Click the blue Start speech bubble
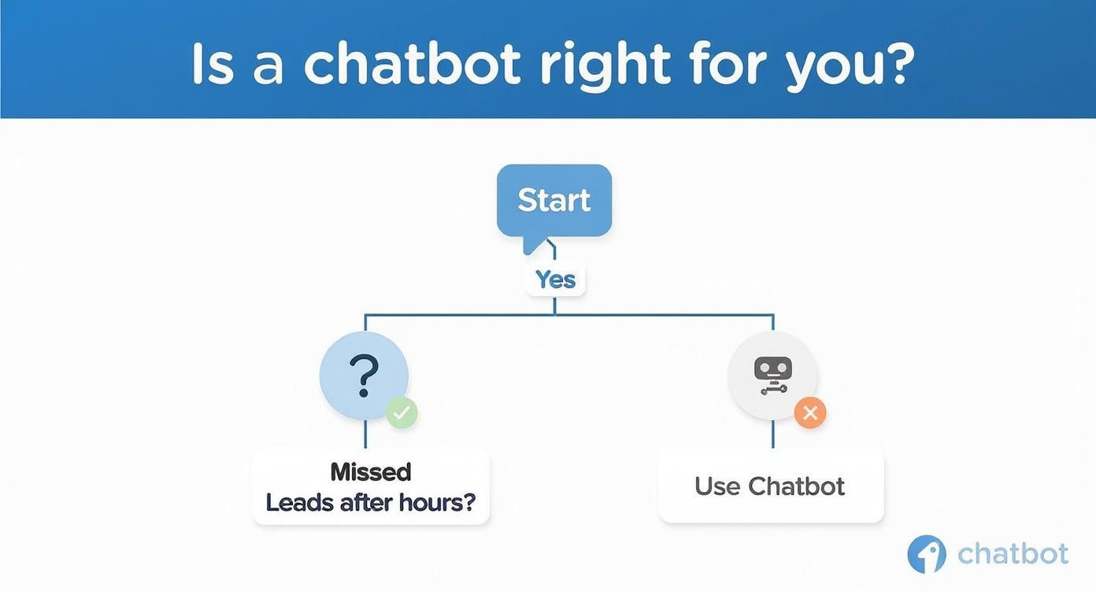[554, 201]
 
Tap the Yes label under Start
[555, 279]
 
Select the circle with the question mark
[364, 376]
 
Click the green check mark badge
[402, 412]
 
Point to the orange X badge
[809, 412]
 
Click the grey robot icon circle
[772, 375]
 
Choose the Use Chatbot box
[771, 486]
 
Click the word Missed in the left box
[370, 472]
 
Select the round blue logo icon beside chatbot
[927, 554]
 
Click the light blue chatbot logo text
[1013, 553]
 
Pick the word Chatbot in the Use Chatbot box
[796, 486]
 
